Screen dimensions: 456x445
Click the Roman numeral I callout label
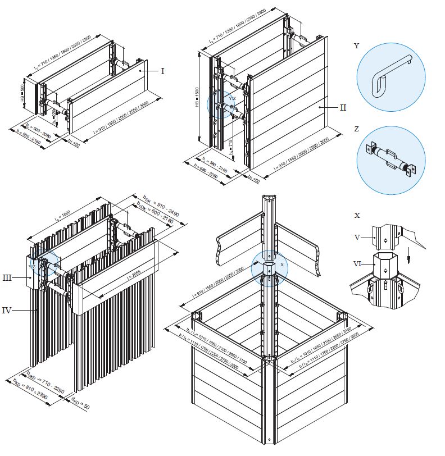point(163,71)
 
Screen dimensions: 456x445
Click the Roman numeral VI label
point(357,262)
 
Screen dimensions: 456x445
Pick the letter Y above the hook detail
point(357,46)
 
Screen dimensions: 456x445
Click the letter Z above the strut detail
point(357,129)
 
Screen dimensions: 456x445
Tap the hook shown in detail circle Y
point(389,73)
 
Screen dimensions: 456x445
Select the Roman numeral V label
point(357,237)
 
